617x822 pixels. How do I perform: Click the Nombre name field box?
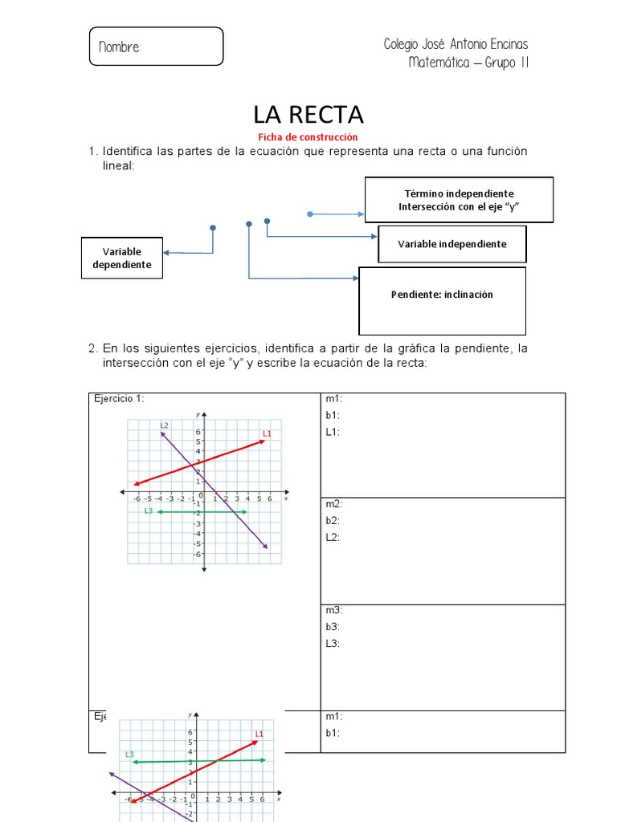coord(155,47)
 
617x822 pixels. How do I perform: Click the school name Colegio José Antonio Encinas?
coord(456,44)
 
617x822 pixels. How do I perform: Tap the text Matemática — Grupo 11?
coord(468,63)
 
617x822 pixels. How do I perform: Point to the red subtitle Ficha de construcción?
coord(308,137)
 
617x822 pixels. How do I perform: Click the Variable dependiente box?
coord(122,258)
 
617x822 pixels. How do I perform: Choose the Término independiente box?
coord(459,200)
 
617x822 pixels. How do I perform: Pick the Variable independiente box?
coord(452,244)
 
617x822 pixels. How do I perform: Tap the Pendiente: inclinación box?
coord(442,295)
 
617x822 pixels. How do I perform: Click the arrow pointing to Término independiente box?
coord(337,214)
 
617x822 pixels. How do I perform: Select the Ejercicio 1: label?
coord(119,399)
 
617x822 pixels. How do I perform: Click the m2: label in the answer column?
coord(333,504)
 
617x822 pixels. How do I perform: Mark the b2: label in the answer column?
coord(333,521)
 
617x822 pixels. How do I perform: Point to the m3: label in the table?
coord(333,610)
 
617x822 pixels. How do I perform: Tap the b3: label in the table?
coord(333,627)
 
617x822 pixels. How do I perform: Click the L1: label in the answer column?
coord(333,432)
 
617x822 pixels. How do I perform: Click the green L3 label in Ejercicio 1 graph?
coord(148,511)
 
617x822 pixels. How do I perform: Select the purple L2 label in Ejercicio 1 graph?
coord(164,425)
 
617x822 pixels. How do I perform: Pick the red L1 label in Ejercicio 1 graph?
coord(268,433)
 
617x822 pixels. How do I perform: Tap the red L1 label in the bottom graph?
coord(259,733)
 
